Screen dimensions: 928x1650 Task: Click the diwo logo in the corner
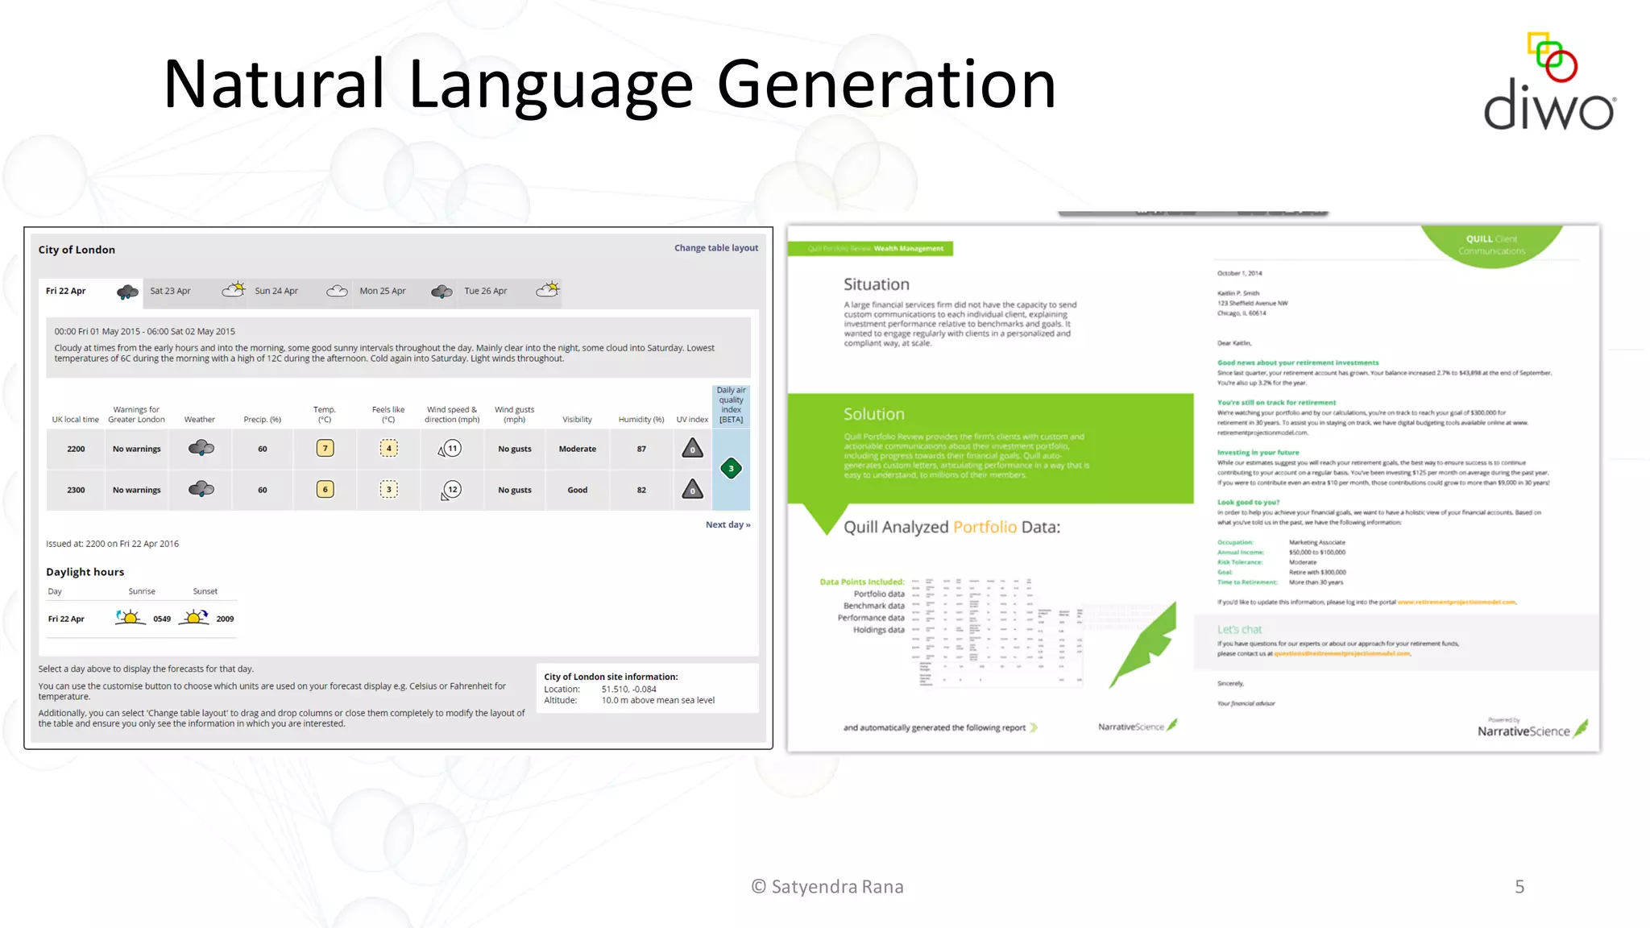coord(1548,85)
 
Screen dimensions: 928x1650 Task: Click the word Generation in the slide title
coord(885,85)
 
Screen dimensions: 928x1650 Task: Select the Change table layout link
coord(715,248)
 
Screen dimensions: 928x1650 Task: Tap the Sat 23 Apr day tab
coord(171,291)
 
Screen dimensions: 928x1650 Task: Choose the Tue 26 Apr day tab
coord(486,291)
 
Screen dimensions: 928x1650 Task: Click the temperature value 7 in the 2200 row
coord(325,449)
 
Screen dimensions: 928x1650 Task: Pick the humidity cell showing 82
coord(641,490)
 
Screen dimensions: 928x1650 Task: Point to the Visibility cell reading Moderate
coord(577,449)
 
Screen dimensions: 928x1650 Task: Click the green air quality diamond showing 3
coord(731,469)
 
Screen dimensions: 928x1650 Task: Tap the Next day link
coord(728,524)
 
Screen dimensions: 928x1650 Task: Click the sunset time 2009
coord(225,619)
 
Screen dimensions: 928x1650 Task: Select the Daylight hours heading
coord(85,572)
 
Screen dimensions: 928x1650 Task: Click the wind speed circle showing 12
coord(452,489)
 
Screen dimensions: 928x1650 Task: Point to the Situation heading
coord(876,284)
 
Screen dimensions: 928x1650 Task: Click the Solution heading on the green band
coord(873,414)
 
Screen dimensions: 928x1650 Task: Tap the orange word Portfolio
coord(985,527)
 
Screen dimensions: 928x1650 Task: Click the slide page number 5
coord(1519,887)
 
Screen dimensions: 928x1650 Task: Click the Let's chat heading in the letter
coord(1239,629)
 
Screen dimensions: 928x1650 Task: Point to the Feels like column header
coord(388,414)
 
